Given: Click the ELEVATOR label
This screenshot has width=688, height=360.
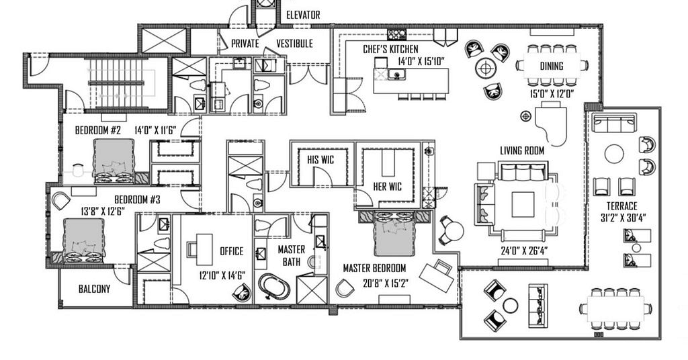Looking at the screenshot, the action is click(303, 15).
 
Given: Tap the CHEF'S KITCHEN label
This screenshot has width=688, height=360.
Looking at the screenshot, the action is click(390, 49).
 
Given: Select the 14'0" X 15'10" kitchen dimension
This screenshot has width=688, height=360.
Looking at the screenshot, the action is click(421, 61).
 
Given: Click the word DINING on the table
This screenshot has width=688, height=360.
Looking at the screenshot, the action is click(551, 66).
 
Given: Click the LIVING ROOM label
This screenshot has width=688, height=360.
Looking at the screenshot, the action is click(522, 151).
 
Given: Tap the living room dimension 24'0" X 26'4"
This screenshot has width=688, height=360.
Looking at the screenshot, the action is click(524, 251).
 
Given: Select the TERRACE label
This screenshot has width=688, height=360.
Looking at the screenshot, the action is click(621, 206).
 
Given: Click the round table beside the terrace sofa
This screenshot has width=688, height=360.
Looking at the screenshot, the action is click(614, 154).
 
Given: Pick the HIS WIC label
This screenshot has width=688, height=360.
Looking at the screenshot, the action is click(320, 160).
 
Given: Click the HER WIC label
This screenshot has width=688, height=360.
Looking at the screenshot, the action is click(387, 187).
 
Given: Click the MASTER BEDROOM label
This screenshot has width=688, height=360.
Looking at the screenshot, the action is click(374, 268).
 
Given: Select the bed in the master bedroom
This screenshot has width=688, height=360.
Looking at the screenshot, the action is click(394, 234).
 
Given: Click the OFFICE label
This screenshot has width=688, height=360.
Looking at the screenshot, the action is click(231, 251).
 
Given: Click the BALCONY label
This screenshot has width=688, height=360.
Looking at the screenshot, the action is click(94, 289).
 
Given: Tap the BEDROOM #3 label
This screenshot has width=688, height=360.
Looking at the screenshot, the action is click(137, 200).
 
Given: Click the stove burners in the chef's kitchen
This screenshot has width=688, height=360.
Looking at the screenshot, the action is click(396, 35).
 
